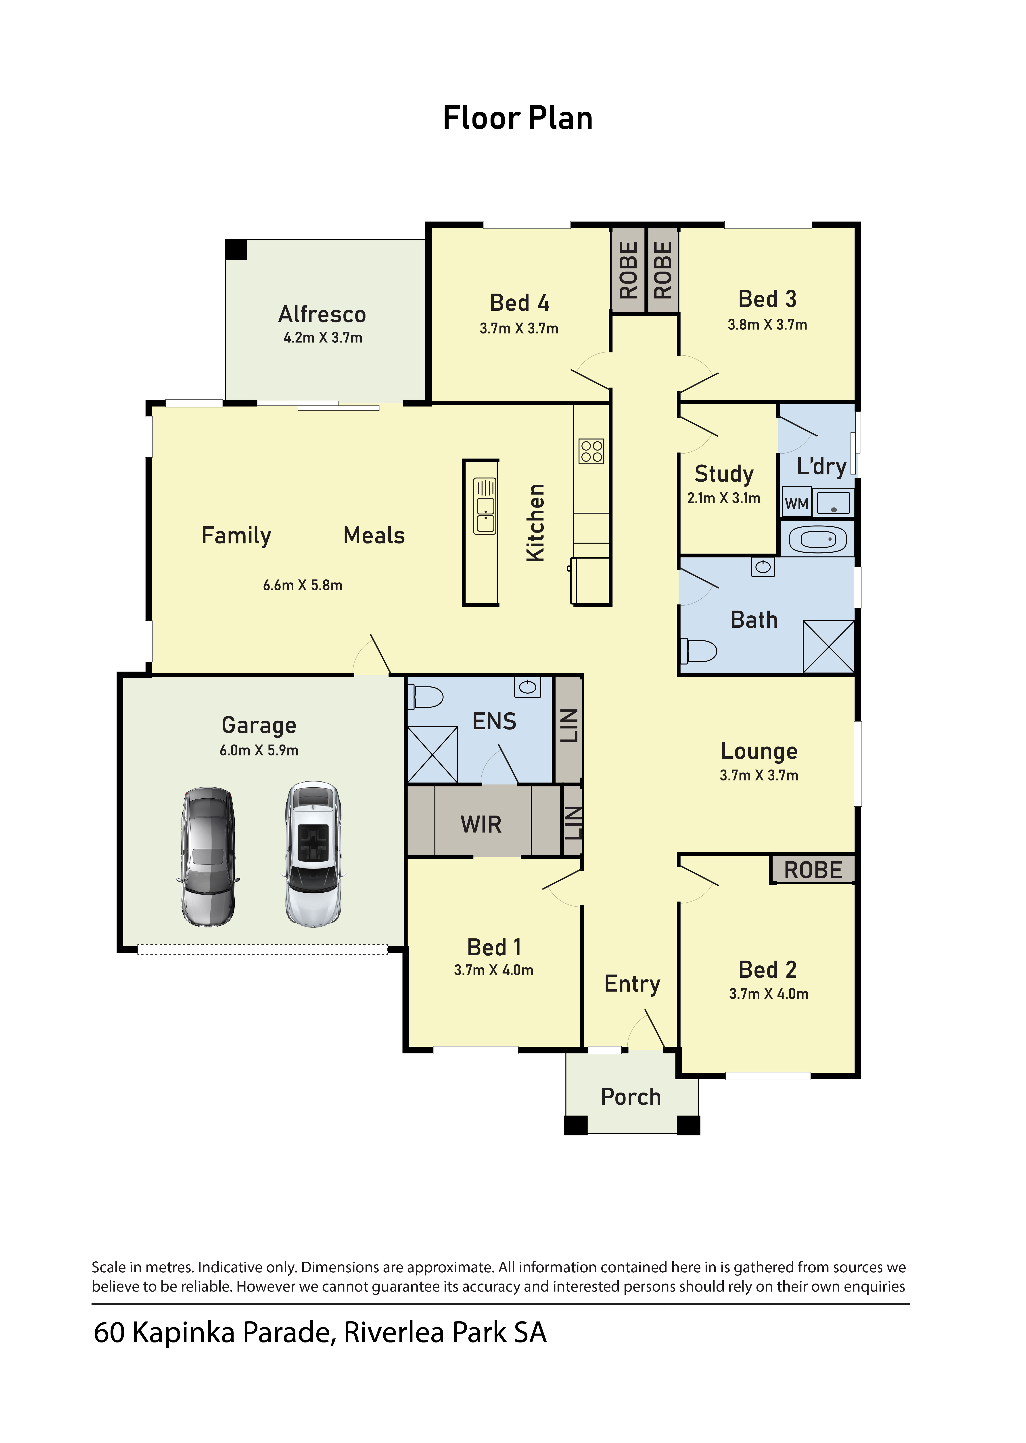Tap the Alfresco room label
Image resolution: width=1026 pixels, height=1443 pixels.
coord(322,314)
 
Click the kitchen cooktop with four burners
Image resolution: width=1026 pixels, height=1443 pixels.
coord(591,451)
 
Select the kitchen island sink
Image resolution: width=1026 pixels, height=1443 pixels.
coord(485,506)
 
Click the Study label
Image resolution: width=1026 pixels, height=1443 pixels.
coord(724,473)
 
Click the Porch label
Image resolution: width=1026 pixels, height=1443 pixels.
coord(631,1097)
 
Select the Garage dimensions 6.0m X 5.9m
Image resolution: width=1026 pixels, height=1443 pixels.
coord(259,750)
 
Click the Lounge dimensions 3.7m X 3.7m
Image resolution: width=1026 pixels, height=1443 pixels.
coord(759,776)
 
